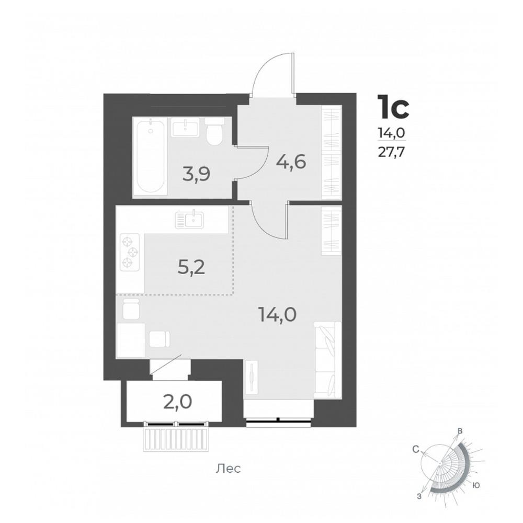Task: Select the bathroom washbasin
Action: click(x=186, y=127)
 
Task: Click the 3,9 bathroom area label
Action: click(x=196, y=174)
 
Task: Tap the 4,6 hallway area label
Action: click(x=291, y=163)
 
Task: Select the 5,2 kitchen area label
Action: click(x=191, y=267)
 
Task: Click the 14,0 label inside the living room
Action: click(x=278, y=314)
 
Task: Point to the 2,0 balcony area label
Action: click(x=177, y=402)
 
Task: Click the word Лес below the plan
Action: click(x=228, y=469)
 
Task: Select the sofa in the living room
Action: click(x=328, y=360)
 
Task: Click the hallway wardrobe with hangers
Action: click(x=332, y=152)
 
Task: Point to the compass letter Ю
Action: click(x=476, y=485)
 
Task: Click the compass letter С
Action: click(x=415, y=450)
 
